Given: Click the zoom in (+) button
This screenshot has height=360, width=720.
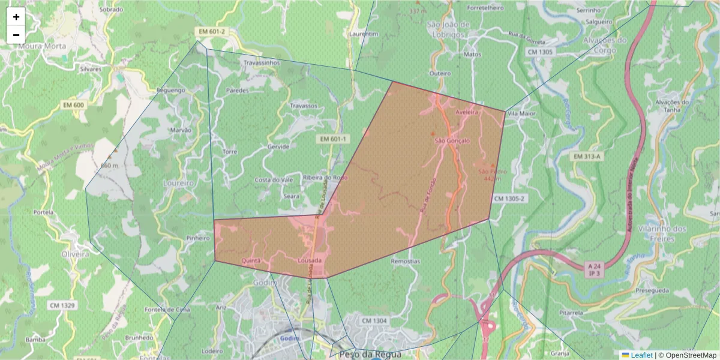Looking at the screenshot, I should pos(16,17).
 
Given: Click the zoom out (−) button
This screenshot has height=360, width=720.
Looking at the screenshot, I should pos(16,35).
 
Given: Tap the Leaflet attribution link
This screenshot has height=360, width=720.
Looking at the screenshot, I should pos(641,355).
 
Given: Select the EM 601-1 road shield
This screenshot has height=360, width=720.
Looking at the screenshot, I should pos(334,139).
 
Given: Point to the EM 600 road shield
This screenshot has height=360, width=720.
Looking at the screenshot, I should pos(74,106).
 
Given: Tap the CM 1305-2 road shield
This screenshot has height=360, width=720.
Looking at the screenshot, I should pos(510,198).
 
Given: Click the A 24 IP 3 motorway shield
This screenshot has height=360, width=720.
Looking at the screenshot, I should pos(595,269).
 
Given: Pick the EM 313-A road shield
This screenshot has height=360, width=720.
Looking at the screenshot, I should pos(587,157).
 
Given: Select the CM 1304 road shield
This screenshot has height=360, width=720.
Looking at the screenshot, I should pos(374,321).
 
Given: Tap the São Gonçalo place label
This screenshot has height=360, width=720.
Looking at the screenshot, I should pos(452,141).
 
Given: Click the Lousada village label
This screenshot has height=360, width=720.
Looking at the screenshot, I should pos(310,261).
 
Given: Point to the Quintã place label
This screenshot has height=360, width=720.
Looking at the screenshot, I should pos(251,261).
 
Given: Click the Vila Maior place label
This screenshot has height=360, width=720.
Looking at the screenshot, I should pos(521,113).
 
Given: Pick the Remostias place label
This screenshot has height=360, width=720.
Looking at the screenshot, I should pos(405,262).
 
